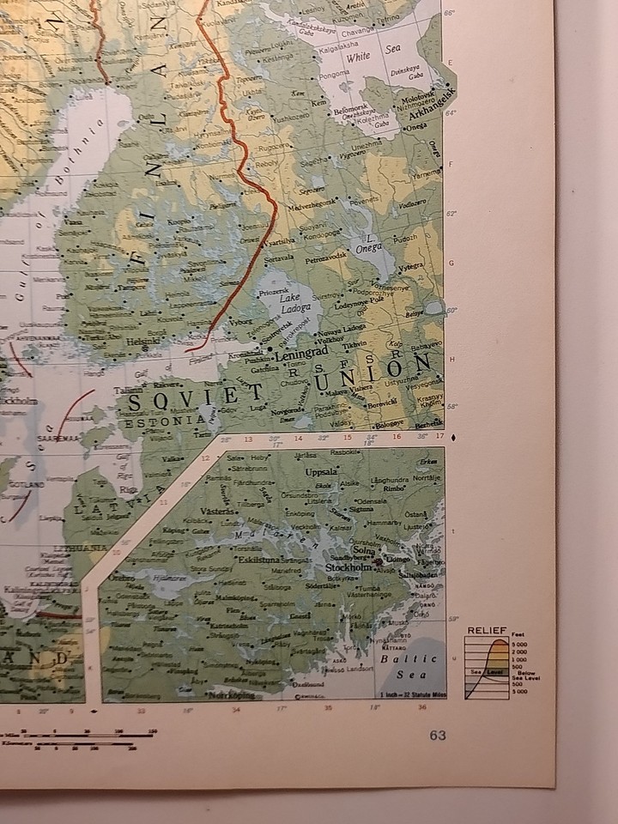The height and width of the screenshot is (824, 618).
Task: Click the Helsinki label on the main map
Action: click(x=143, y=341)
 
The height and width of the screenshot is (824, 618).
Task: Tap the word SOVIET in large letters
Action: click(x=194, y=398)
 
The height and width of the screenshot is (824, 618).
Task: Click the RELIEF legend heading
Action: click(x=487, y=631)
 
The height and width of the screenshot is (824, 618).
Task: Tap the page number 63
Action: click(x=438, y=735)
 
